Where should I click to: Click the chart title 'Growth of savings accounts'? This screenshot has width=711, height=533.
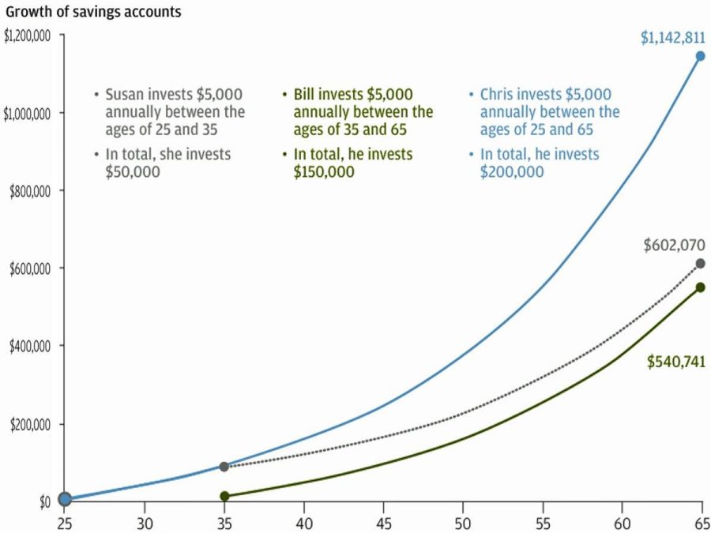click(93, 12)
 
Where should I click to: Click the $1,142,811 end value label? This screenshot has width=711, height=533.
click(672, 36)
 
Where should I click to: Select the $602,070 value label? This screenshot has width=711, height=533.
click(673, 245)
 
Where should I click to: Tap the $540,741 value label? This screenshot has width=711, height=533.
click(675, 362)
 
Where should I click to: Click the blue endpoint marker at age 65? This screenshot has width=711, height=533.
click(700, 56)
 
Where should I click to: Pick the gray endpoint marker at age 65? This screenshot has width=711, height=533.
click(700, 264)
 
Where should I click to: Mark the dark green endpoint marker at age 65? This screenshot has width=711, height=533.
click(700, 287)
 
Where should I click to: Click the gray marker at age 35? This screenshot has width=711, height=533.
click(224, 467)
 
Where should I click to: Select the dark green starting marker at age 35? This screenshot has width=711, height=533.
click(224, 496)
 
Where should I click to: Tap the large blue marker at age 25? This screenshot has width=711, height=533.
click(65, 498)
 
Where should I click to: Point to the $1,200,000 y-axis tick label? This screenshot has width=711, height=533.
click(28, 36)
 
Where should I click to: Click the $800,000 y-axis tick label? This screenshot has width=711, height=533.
click(31, 191)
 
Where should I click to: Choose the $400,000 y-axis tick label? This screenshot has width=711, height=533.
click(31, 346)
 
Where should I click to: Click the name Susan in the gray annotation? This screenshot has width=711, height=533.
click(125, 95)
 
